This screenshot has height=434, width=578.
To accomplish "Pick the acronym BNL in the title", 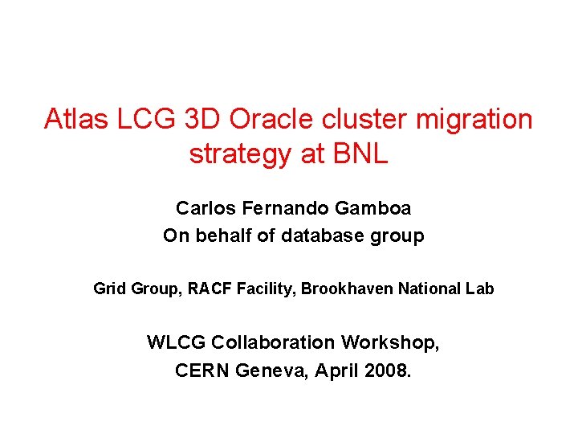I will [359, 154].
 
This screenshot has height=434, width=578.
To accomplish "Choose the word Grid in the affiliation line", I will [109, 289].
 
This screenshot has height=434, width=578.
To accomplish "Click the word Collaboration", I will [274, 343].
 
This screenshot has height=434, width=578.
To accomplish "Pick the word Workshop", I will [390, 343].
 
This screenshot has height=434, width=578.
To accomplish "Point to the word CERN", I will [201, 371].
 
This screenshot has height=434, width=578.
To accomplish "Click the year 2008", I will [386, 371].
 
